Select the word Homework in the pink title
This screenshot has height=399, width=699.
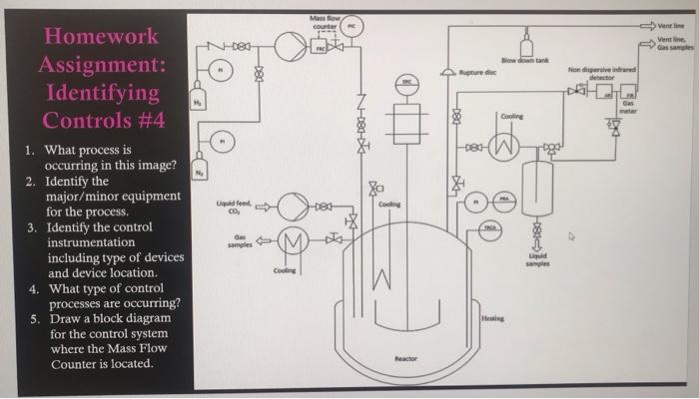coord(98,36)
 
